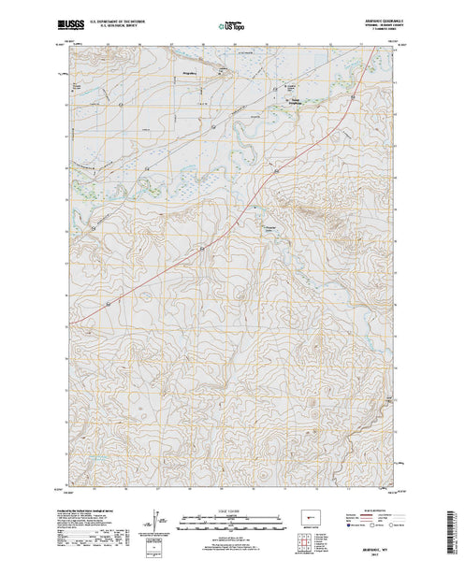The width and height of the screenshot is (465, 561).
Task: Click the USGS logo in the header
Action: [73, 17]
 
